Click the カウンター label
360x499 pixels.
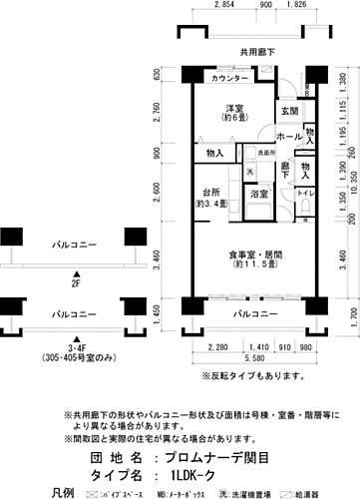(228, 79)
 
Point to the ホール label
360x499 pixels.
(289, 136)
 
